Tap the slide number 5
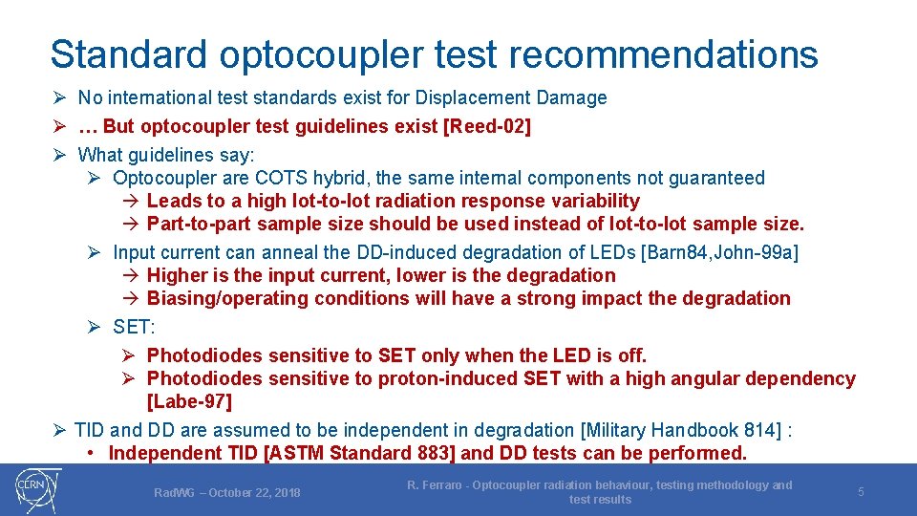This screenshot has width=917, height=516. click(861, 492)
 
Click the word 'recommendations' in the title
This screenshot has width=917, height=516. click(664, 54)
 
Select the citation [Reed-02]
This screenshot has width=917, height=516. click(487, 127)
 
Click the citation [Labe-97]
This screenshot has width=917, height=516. click(189, 402)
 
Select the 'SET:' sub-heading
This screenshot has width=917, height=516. click(133, 327)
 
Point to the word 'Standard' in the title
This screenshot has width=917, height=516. click(129, 54)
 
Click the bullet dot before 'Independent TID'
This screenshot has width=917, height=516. click(89, 453)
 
